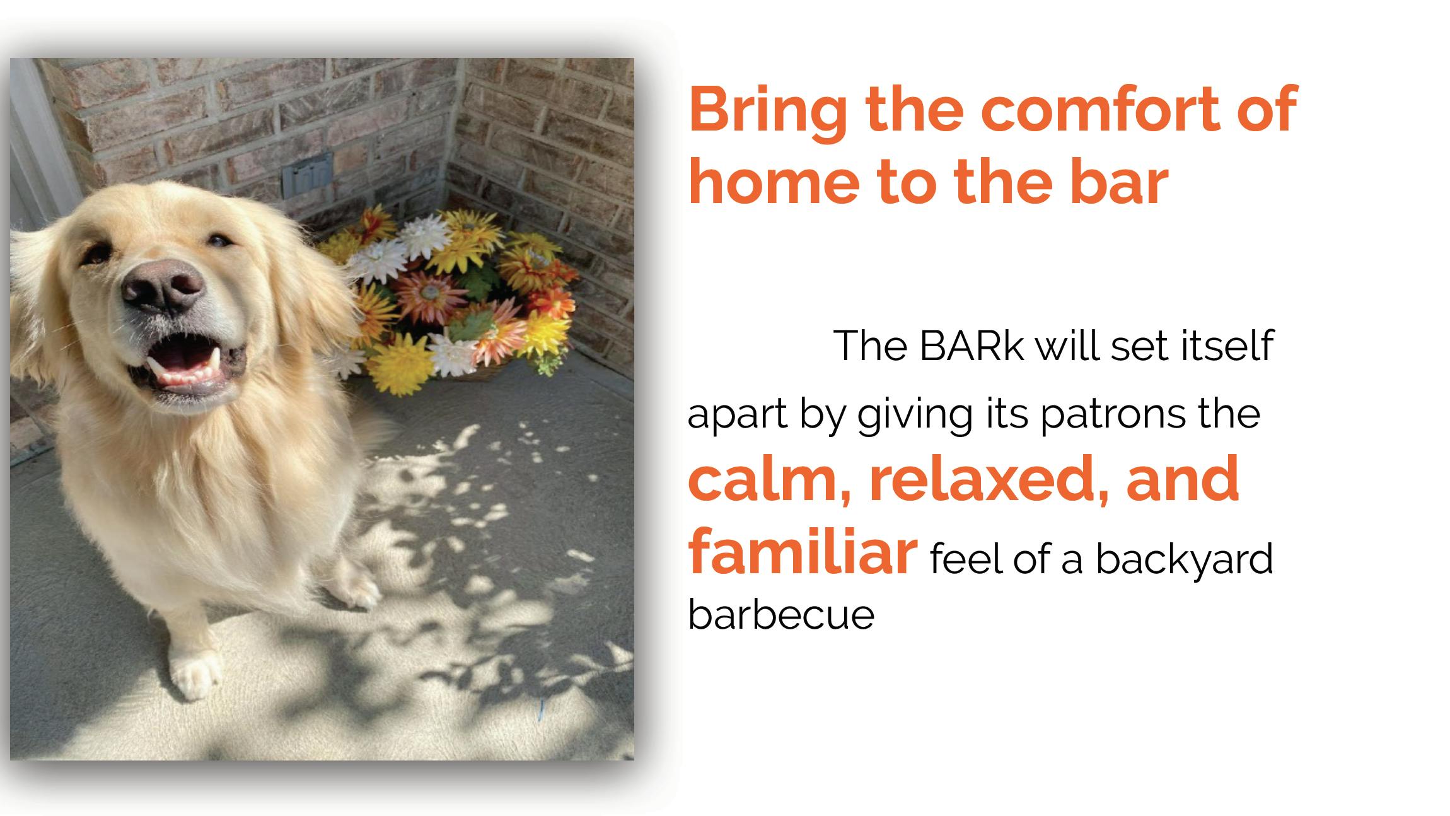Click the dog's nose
163,288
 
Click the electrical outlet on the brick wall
307,174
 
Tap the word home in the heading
775,182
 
